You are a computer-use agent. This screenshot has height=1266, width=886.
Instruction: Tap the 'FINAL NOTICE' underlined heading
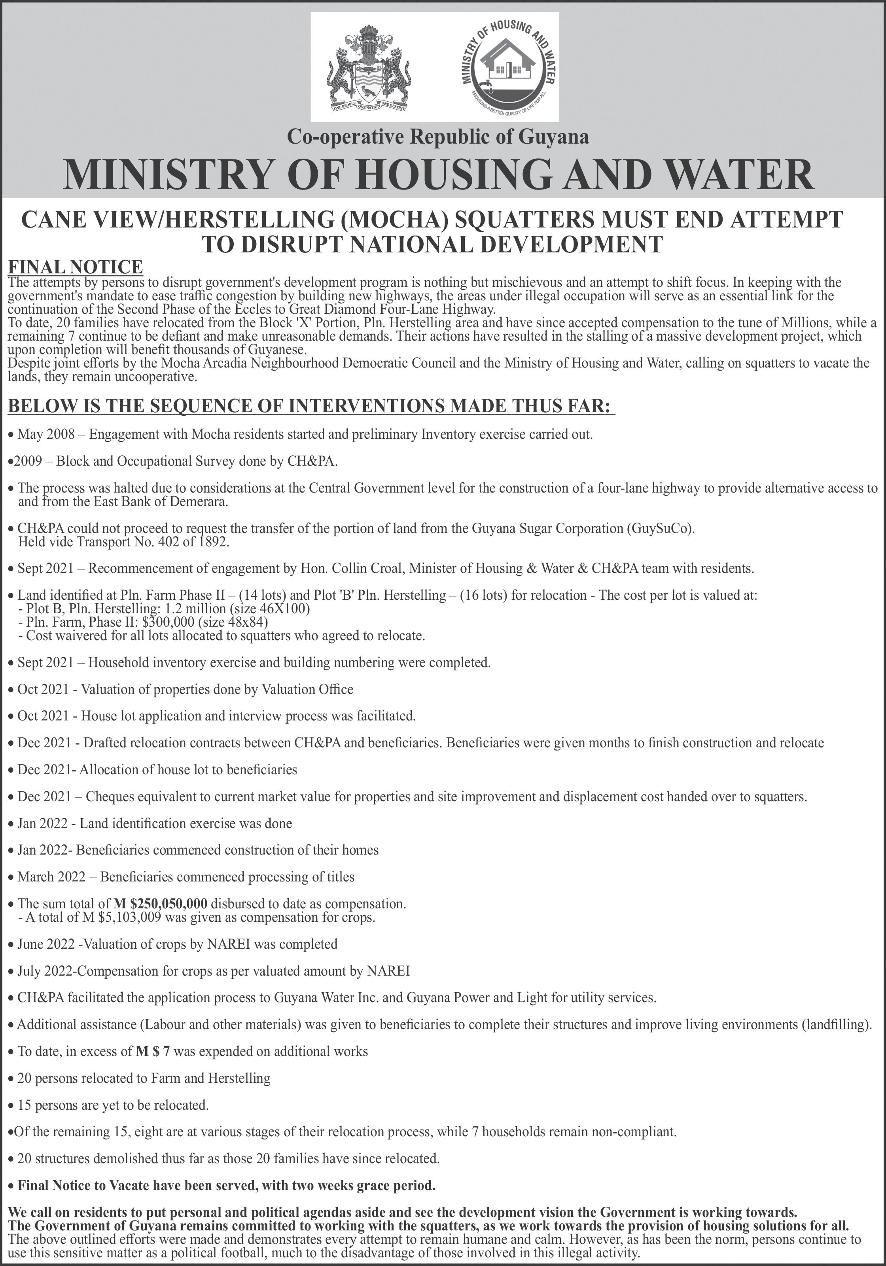[x=75, y=267]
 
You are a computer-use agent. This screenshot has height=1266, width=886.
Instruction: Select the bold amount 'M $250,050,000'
[x=161, y=904]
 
